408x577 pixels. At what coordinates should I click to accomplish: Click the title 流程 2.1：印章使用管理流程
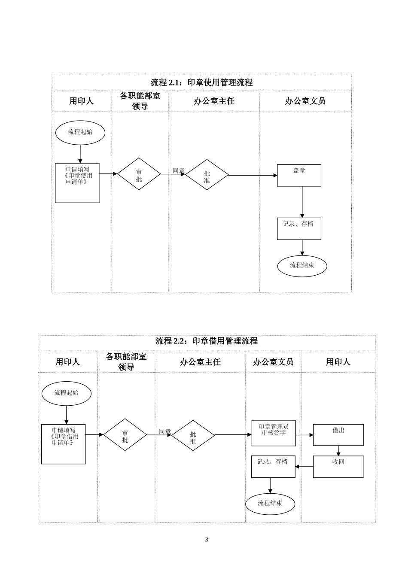(201, 82)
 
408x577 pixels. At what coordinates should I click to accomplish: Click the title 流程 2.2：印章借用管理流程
(206, 341)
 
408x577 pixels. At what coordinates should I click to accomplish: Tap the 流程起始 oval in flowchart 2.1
(80, 132)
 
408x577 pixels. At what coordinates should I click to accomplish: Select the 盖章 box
(299, 175)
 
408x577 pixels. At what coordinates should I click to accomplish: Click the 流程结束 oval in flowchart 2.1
(302, 266)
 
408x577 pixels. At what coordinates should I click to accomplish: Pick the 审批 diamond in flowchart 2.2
(125, 434)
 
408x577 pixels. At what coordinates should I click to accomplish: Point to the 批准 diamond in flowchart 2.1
(207, 175)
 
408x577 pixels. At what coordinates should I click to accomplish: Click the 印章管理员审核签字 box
(274, 433)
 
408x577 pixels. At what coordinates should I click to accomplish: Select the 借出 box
(338, 434)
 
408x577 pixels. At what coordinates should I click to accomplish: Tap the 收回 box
(338, 466)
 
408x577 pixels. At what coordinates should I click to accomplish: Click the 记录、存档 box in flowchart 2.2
(273, 466)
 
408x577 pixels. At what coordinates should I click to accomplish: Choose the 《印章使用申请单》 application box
(77, 183)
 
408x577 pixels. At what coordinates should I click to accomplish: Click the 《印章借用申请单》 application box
(64, 444)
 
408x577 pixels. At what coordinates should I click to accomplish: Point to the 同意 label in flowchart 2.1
(179, 170)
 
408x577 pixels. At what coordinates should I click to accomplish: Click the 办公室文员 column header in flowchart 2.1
(305, 101)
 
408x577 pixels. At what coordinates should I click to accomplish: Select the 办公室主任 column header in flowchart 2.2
(200, 362)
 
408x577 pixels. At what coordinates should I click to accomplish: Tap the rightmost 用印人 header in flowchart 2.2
(338, 362)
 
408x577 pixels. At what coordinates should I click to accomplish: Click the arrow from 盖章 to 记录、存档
(302, 202)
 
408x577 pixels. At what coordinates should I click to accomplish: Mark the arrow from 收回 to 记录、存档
(304, 466)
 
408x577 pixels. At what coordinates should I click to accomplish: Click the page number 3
(207, 540)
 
